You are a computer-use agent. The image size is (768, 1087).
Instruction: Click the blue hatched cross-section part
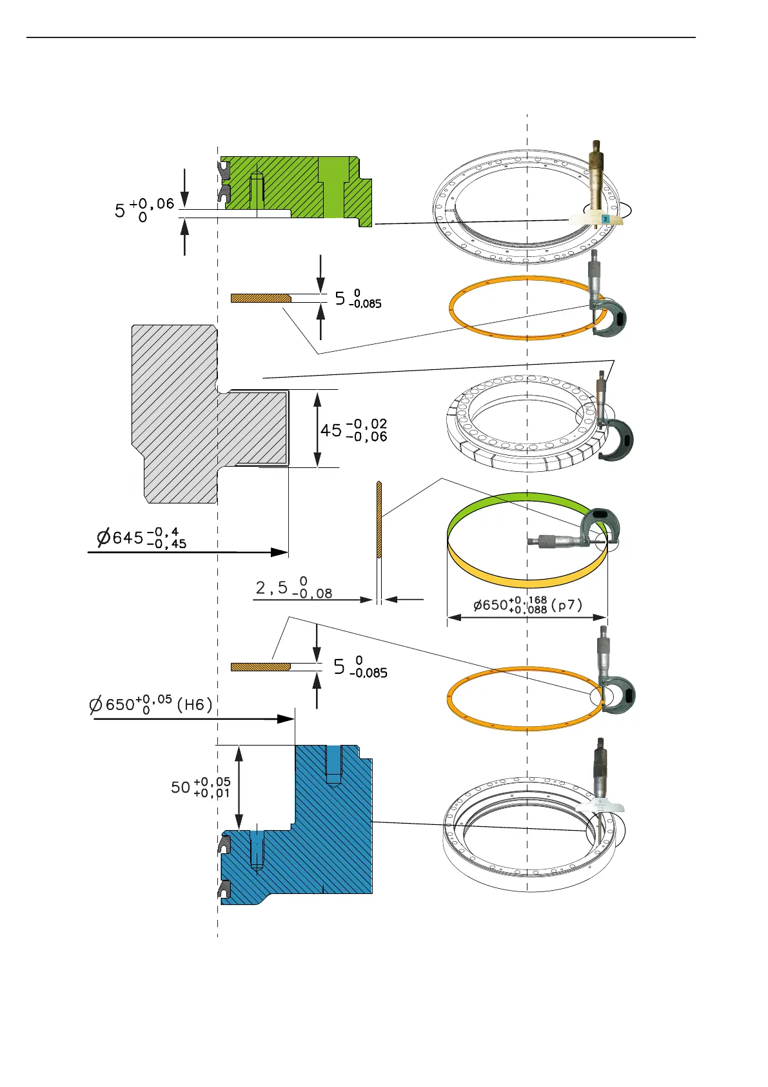click(x=322, y=839)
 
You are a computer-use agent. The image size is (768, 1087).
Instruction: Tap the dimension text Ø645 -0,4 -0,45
click(x=142, y=537)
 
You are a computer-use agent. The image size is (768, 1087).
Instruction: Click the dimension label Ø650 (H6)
click(x=151, y=704)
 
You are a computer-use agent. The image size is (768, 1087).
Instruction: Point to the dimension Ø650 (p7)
click(x=527, y=605)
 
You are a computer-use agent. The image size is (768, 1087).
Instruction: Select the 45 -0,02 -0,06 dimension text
click(x=354, y=430)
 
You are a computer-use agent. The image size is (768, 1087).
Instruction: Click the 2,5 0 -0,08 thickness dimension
click(x=294, y=589)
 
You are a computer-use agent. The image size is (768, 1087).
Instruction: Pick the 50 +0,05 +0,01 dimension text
click(x=201, y=787)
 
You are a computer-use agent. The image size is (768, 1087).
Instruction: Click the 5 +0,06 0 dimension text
click(x=144, y=210)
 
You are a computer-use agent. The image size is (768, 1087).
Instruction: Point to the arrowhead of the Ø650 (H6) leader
click(x=286, y=718)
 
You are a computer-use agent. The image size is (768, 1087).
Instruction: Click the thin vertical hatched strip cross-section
click(x=379, y=520)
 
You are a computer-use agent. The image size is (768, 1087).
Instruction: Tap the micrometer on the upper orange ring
click(x=606, y=303)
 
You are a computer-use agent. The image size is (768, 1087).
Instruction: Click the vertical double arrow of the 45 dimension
click(x=317, y=429)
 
